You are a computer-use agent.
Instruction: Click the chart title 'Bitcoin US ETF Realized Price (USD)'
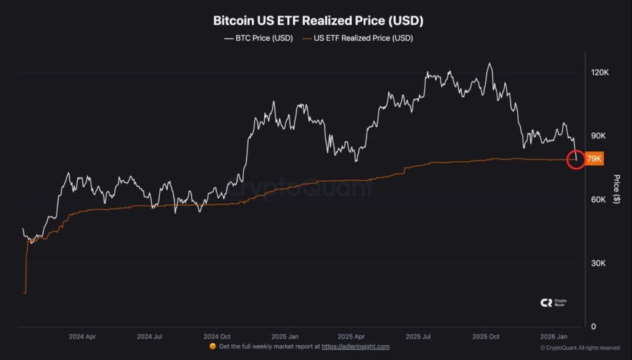click(x=318, y=20)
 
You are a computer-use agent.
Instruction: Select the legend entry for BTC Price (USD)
click(x=257, y=38)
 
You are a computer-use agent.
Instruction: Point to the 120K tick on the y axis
click(x=600, y=73)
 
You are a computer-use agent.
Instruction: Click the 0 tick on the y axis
click(x=594, y=327)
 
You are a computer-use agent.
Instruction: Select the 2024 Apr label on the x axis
click(x=82, y=337)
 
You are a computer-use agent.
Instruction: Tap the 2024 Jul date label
click(x=149, y=337)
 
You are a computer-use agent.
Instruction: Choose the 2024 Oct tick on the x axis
click(x=217, y=337)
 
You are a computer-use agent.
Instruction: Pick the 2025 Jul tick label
click(x=417, y=337)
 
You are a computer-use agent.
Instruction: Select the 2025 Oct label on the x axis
click(x=485, y=337)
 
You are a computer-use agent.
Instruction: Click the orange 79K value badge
click(x=594, y=159)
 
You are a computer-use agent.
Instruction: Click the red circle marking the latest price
click(x=575, y=159)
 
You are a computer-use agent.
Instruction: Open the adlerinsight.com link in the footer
click(x=355, y=347)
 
